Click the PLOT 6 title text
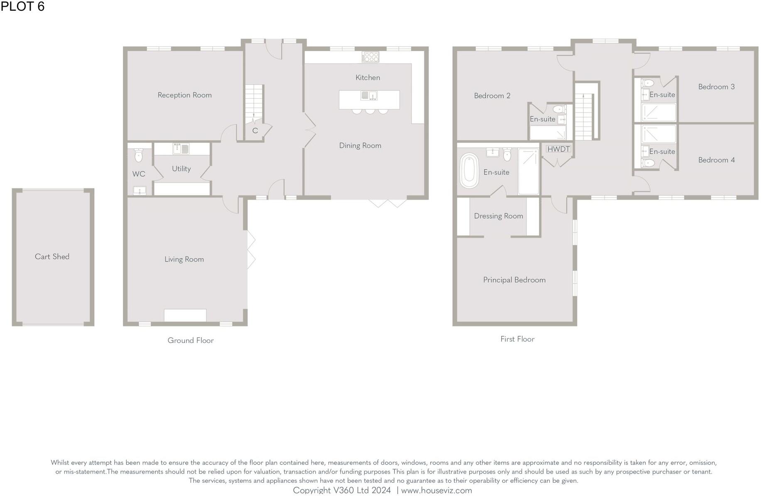22,6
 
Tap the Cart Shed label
52,257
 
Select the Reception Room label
184,95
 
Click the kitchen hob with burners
370,57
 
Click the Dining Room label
360,146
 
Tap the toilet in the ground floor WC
139,156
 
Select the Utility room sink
181,149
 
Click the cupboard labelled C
255,131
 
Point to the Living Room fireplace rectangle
185,315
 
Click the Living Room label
184,259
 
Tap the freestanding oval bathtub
469,171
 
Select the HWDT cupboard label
559,149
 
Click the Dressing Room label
498,216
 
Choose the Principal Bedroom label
514,280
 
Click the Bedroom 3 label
716,87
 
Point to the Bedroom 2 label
492,96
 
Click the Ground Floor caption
191,340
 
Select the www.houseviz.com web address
436,490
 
